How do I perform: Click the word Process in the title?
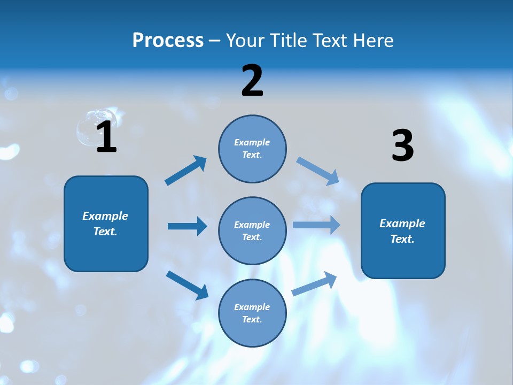tap(168, 41)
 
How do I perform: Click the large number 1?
tap(107, 137)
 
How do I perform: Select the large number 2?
tap(252, 81)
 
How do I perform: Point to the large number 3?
tap(403, 146)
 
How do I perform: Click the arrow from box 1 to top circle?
tap(186, 171)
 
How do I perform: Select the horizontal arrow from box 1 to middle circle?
tap(187, 226)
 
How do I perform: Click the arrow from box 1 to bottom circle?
tap(187, 284)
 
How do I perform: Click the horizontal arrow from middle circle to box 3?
tap(316, 225)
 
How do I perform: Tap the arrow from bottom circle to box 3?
tap(315, 284)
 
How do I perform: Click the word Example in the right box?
tap(402, 224)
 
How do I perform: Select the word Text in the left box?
tap(105, 232)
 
